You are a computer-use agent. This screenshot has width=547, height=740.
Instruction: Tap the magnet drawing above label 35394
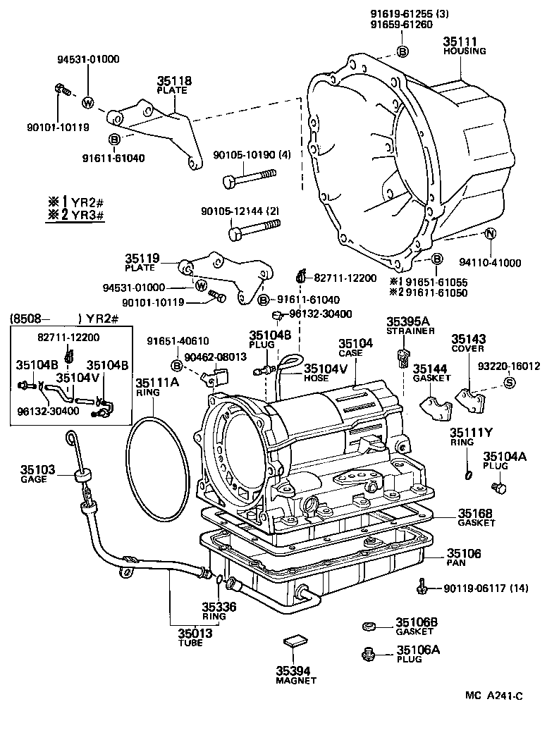click(x=295, y=642)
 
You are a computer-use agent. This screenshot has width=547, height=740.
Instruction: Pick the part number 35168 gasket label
click(x=477, y=513)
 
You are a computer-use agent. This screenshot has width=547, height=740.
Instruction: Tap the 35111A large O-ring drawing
click(x=159, y=469)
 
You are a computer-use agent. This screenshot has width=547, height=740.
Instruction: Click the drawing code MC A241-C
click(x=493, y=696)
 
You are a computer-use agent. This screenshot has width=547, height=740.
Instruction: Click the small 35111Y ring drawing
click(x=469, y=474)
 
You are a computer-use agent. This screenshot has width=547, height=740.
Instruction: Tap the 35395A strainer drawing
click(x=404, y=357)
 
